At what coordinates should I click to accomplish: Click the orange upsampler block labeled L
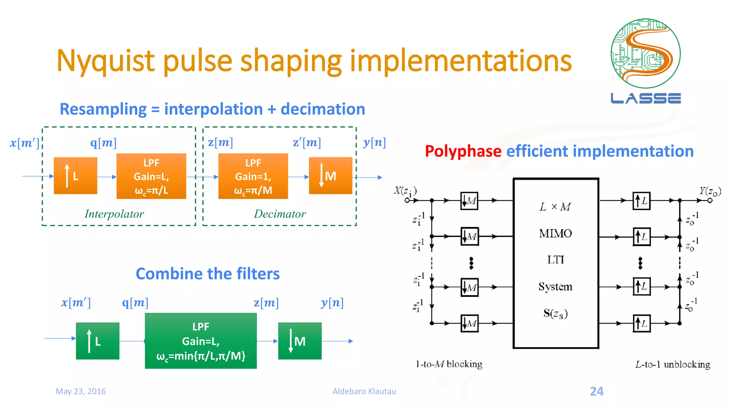tap(75, 176)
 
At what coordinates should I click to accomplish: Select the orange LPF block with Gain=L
tap(151, 176)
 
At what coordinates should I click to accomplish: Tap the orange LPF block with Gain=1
tap(253, 176)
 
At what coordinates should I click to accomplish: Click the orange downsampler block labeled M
tap(330, 176)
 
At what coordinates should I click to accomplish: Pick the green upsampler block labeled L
tap(98, 341)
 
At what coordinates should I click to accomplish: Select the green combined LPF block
tap(201, 341)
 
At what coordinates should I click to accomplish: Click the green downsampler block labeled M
tap(300, 341)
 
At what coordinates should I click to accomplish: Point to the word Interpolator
tap(114, 214)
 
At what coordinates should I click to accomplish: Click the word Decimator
tap(280, 214)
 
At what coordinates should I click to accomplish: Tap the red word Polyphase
tap(463, 151)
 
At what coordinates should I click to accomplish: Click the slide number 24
tap(597, 391)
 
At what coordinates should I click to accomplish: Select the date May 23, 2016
tap(81, 391)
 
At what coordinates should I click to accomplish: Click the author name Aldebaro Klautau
tap(364, 391)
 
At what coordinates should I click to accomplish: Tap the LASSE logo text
tap(646, 98)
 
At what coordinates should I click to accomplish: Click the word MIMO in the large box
tap(555, 233)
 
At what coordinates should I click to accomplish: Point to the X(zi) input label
tap(405, 191)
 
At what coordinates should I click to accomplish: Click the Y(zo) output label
tap(710, 191)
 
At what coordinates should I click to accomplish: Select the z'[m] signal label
tap(307, 142)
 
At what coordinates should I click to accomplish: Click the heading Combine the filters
tap(208, 274)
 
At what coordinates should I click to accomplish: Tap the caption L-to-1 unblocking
tap(672, 364)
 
